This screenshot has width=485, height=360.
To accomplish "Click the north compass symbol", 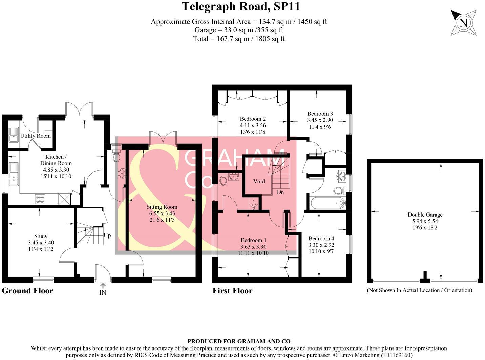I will (x=464, y=23).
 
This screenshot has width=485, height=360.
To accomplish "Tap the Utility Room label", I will (x=35, y=136).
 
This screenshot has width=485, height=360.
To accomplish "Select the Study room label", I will (x=41, y=236).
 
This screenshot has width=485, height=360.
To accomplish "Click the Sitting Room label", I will (x=162, y=207).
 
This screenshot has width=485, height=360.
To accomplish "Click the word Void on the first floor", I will (x=259, y=181).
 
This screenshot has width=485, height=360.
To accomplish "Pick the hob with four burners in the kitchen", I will (x=40, y=199).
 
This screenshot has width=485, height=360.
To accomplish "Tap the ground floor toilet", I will (x=116, y=156).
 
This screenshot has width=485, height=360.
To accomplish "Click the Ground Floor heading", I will (x=27, y=291).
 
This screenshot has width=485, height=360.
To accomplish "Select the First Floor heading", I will (x=232, y=291).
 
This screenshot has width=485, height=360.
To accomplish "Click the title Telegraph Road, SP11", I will (x=241, y=6).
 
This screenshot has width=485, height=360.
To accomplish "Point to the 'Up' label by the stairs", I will (x=107, y=235).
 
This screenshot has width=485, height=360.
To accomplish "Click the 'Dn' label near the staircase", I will (x=280, y=192).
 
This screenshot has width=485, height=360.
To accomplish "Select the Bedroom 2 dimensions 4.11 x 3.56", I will (x=253, y=126).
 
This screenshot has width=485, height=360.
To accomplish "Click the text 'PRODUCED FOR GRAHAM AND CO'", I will (x=239, y=341).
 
